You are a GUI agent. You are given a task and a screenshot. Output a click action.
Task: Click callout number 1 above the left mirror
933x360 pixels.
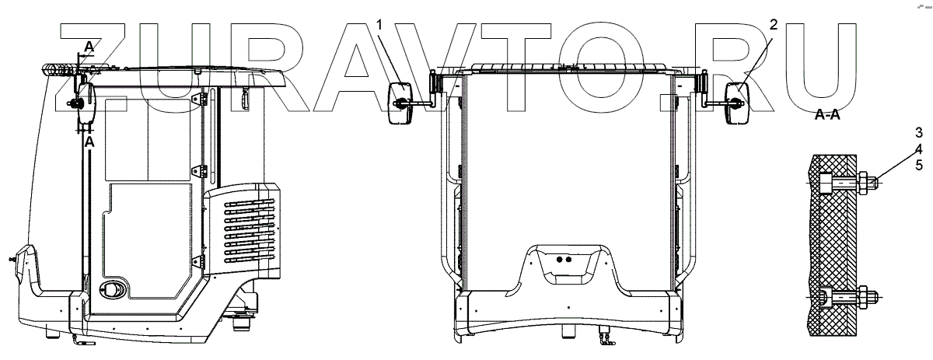click(380, 26)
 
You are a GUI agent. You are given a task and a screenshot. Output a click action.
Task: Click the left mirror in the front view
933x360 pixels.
click(400, 102)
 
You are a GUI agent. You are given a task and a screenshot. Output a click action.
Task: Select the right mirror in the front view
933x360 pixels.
click(736, 102)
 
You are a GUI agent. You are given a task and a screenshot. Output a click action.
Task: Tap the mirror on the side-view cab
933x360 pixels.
click(84, 102)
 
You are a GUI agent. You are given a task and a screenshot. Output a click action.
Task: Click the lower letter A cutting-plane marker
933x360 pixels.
click(89, 144)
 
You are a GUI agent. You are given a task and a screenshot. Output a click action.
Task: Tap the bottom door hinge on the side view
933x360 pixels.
click(203, 261)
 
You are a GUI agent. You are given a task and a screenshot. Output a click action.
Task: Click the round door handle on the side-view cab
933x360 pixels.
click(113, 289)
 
